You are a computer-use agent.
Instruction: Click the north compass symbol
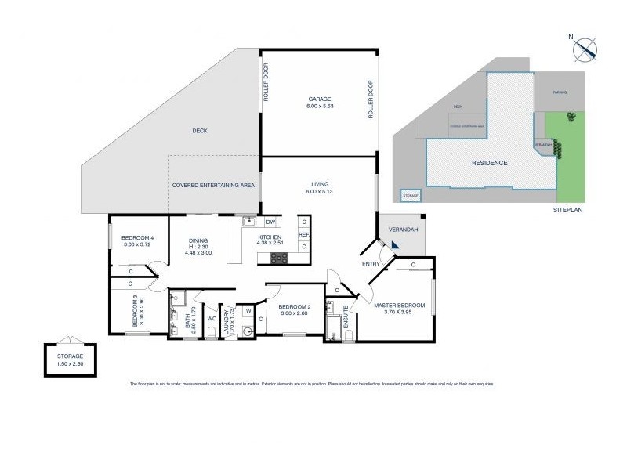584,49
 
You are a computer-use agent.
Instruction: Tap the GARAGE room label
319,99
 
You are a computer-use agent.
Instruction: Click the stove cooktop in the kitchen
279,257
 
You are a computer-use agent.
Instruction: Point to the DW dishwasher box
270,222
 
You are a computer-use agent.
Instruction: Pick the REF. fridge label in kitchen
303,233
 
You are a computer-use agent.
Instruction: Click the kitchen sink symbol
247,222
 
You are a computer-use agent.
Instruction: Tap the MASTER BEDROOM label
399,305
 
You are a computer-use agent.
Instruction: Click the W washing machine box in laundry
248,311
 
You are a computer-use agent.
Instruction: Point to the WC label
212,319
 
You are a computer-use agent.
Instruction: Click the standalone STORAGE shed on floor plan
71,360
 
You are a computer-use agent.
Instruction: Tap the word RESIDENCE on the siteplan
489,163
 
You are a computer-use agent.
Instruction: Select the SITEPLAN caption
568,210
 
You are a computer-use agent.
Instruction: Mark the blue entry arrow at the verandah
396,246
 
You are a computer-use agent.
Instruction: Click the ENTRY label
371,264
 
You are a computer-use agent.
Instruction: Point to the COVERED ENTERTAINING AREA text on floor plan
213,185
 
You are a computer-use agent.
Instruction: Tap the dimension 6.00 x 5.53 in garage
319,107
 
